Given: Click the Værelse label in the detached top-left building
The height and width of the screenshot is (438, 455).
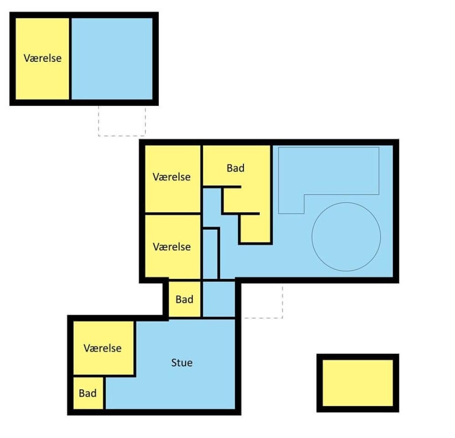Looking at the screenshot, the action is (43, 58).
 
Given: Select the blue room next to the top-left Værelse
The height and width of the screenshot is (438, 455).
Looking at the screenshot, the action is (112, 59).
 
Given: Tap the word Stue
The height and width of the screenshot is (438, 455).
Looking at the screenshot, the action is (182, 362).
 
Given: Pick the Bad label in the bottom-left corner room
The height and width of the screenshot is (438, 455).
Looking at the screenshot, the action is (88, 393).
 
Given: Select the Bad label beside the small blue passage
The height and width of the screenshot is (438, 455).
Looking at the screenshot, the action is (184, 299).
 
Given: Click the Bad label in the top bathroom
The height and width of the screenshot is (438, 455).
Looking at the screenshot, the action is (235, 168).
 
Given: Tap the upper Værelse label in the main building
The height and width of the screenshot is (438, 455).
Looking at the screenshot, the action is (172, 177).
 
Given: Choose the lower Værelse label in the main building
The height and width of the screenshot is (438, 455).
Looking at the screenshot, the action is (172, 247).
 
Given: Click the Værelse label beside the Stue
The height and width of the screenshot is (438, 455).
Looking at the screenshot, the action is (102, 348).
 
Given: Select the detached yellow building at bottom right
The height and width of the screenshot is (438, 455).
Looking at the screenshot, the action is (358, 383).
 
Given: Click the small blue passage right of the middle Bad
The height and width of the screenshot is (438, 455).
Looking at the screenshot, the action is (219, 299).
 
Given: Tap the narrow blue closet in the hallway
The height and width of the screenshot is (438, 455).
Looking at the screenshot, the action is (210, 254).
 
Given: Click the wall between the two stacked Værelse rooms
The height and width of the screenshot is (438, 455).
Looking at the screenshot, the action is (172, 214).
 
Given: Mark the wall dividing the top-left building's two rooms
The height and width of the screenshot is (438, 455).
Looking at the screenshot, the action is (71, 59).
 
